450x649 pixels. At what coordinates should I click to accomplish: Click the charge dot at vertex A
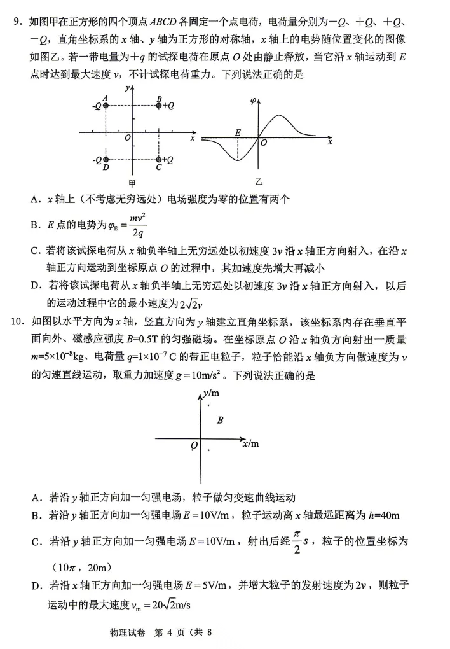(x=106, y=106)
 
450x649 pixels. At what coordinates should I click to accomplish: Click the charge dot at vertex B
(x=159, y=106)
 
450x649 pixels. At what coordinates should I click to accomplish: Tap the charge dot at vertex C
(x=159, y=160)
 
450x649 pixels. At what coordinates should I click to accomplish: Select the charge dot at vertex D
(x=106, y=160)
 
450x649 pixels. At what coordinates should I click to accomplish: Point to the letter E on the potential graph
(x=238, y=132)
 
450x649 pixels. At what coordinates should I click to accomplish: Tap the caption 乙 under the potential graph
(x=259, y=181)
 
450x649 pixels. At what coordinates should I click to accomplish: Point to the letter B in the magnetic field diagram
(x=220, y=420)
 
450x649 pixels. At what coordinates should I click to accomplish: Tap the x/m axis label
(x=250, y=442)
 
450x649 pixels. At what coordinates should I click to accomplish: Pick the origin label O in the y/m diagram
(x=194, y=445)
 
